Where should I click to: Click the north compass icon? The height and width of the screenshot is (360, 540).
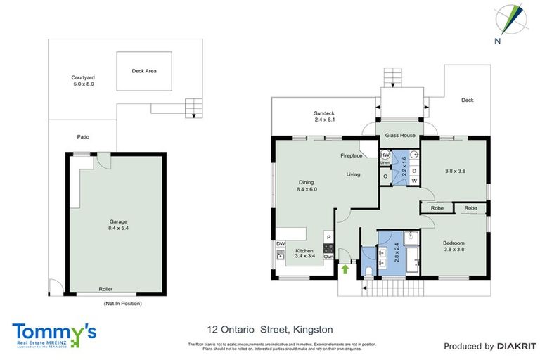(x=508, y=20)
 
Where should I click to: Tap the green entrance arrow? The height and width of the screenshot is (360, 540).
(x=345, y=267)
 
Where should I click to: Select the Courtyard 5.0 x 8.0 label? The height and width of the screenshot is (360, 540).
(x=83, y=81)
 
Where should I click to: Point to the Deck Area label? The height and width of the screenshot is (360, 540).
(x=144, y=71)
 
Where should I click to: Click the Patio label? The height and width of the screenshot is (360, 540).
(x=83, y=137)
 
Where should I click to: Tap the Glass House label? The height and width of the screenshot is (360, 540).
(x=399, y=136)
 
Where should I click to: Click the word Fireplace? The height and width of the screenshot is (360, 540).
(x=352, y=155)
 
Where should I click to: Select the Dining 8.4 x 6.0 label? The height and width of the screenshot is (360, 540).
(x=307, y=185)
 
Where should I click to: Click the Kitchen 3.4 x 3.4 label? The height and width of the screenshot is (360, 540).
(x=304, y=254)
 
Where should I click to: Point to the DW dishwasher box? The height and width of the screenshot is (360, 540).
(x=281, y=244)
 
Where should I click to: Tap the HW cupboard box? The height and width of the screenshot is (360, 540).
(x=385, y=155)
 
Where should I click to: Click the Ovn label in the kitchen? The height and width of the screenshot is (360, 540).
(x=328, y=256)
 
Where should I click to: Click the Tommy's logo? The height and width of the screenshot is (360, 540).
(x=54, y=333)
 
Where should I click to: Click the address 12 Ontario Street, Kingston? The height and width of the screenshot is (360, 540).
(x=270, y=329)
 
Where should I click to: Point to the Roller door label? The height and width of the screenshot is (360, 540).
(x=105, y=288)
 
